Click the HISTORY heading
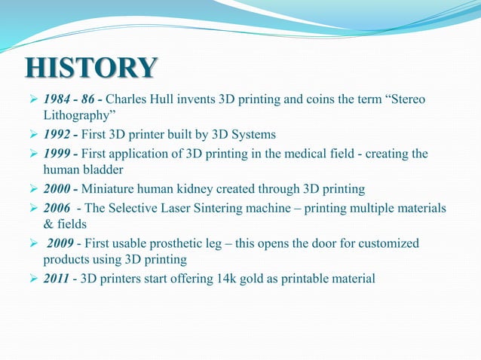click(x=91, y=69)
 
